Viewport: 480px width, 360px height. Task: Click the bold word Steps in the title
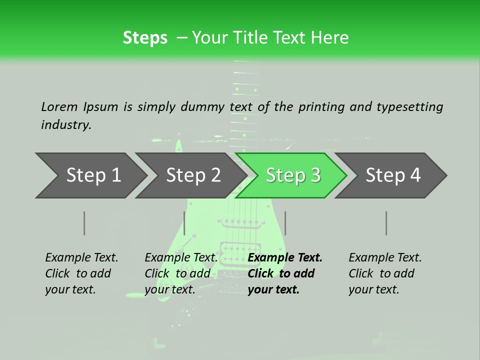point(145,38)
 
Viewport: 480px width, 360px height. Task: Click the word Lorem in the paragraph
point(59,106)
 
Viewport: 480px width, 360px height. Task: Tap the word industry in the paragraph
point(66,125)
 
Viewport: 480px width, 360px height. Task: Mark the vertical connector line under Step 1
point(84,223)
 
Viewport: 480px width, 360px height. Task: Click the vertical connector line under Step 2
point(184,223)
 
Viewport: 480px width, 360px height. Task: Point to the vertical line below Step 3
point(285,223)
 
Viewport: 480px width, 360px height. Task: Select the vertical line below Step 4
point(386,223)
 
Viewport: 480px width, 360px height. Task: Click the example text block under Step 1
point(81,273)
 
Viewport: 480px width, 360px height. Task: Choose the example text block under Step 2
point(181,273)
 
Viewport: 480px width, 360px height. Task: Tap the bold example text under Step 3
point(285,273)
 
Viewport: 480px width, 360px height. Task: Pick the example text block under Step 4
point(385,273)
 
